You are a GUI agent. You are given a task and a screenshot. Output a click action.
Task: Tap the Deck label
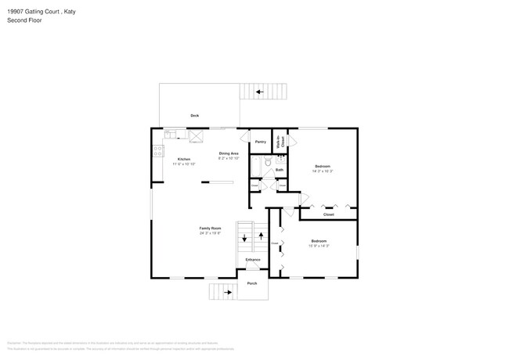point(194,116)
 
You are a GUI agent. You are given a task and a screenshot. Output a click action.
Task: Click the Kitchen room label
point(183,160)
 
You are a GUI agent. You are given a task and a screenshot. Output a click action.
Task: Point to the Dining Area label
point(229,153)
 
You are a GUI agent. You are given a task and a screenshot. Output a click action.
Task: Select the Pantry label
point(261,142)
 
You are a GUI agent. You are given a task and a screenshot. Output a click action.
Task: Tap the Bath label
point(279,170)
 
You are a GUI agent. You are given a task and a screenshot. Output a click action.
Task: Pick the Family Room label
point(210,228)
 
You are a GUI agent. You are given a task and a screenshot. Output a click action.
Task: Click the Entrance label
point(253,259)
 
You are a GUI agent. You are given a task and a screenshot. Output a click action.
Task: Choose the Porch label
point(252,283)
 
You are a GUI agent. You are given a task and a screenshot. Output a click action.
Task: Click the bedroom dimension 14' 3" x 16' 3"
point(323,171)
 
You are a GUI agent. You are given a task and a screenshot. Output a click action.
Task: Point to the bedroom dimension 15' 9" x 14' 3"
point(319,246)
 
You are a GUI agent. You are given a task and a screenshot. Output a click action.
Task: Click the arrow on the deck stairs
point(259,92)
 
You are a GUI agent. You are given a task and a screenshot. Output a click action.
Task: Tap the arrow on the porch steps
point(228,292)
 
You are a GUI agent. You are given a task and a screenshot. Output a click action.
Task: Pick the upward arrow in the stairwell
point(261,236)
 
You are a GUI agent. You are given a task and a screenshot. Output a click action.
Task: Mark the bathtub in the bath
point(256,165)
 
